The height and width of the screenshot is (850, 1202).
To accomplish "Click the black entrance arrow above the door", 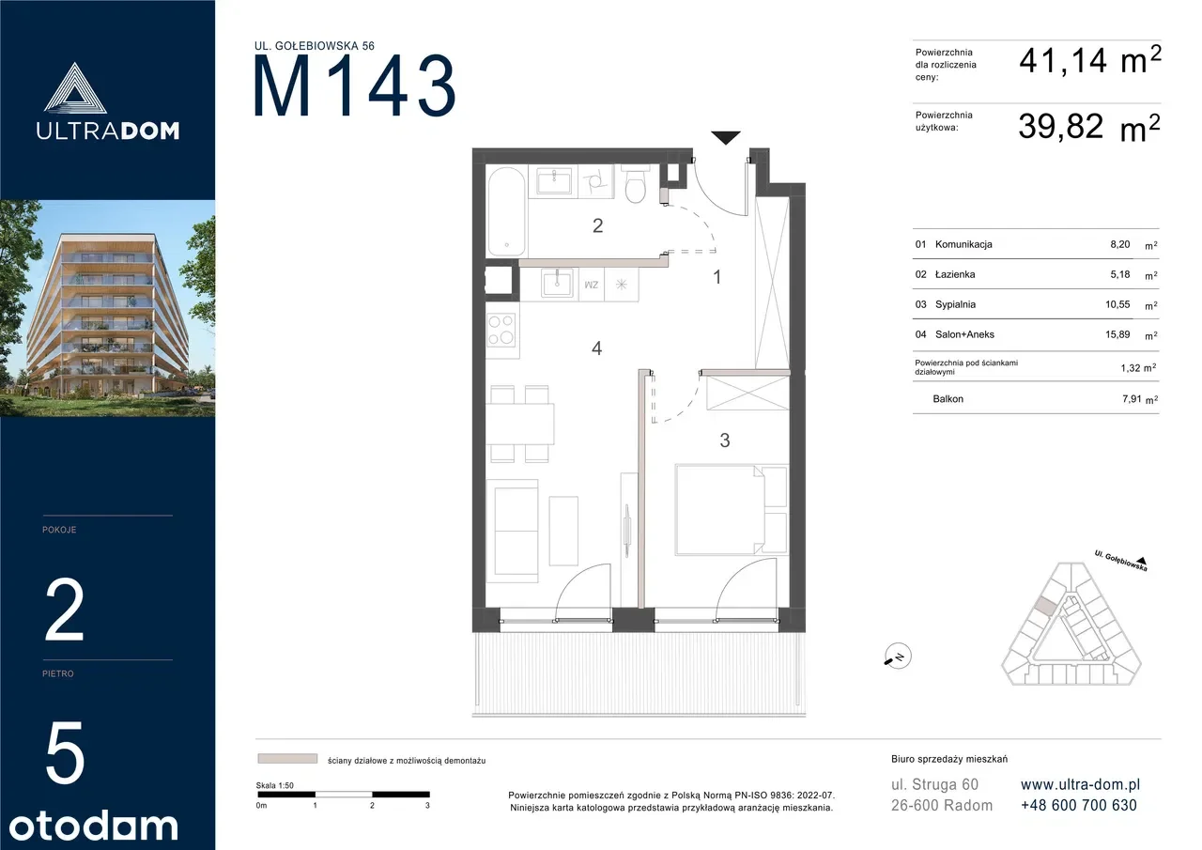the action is pos(726,137).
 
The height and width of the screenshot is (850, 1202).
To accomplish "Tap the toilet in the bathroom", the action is pos(636,184).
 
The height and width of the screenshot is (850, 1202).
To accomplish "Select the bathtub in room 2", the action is pos(506,210).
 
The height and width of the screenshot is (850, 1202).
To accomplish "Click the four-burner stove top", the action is pos(501,330).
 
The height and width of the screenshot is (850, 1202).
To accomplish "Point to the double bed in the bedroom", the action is pos(719,510).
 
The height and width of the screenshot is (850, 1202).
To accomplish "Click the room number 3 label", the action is pos(724,440).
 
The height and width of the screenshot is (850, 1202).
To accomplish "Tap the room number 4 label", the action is pos(596,348).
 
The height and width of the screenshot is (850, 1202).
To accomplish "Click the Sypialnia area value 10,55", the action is pos(1117,304).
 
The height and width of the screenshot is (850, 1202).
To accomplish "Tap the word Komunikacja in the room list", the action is pos(963,244).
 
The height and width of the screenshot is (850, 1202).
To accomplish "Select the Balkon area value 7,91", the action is pos(1132,399).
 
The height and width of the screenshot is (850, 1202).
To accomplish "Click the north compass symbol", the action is pos(898,657).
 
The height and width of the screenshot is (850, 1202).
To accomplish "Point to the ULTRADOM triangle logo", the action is pos(75,88).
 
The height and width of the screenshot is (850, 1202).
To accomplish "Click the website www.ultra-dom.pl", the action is pos(1080,784).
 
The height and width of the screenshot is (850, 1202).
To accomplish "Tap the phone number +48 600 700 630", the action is pos(1079,805).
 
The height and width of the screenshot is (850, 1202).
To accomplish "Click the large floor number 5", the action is pos(65,752).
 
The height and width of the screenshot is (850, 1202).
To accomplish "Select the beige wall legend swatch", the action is pos(287,758).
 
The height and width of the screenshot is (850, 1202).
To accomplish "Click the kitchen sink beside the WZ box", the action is pos(557,283).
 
